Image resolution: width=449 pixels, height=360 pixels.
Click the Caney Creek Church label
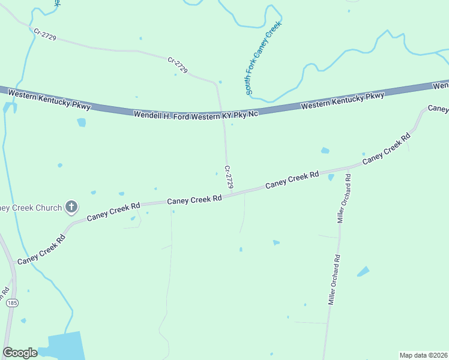[30, 208]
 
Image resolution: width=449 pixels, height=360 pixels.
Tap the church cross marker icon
[71, 208]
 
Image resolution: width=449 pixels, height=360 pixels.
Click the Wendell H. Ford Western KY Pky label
[196, 114]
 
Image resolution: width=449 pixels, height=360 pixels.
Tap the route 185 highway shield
[11, 304]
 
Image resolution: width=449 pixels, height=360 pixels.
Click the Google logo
[20, 353]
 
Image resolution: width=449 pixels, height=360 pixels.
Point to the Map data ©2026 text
[423, 355]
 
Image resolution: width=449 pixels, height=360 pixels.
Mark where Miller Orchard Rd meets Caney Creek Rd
[347, 170]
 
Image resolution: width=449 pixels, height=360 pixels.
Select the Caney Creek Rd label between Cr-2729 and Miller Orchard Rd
[292, 180]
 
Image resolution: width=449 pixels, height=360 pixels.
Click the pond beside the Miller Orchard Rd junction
[331, 177]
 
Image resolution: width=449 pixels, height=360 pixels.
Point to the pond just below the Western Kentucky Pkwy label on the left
[81, 122]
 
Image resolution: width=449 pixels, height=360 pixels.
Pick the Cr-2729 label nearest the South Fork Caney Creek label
[178, 65]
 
